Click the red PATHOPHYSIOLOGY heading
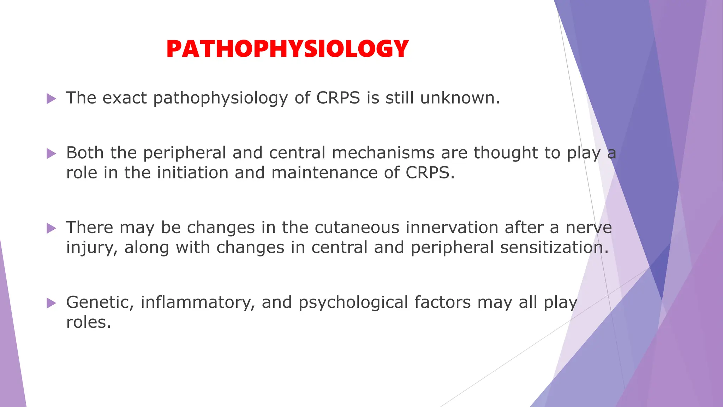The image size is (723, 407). point(287,49)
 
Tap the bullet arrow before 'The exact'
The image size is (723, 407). point(52,99)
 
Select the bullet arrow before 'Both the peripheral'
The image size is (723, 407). point(52,153)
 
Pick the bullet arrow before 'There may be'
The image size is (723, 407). point(52,228)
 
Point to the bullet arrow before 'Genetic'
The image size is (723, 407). point(52,303)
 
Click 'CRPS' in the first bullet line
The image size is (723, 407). point(338,98)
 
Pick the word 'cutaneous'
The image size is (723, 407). point(357,228)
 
